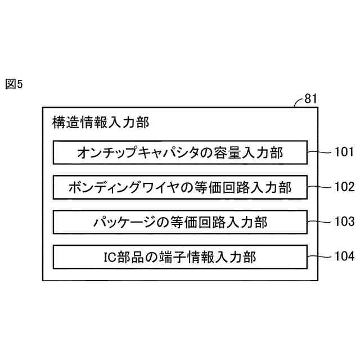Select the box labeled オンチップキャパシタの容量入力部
180,152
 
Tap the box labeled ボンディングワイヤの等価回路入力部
180,187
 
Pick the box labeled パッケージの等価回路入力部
180,222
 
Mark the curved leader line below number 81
298,102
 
